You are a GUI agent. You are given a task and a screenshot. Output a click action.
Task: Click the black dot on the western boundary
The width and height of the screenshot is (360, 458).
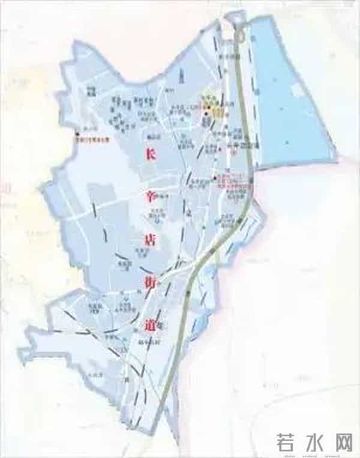76,134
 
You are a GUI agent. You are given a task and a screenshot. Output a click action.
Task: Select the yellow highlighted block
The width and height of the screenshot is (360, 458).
215,110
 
